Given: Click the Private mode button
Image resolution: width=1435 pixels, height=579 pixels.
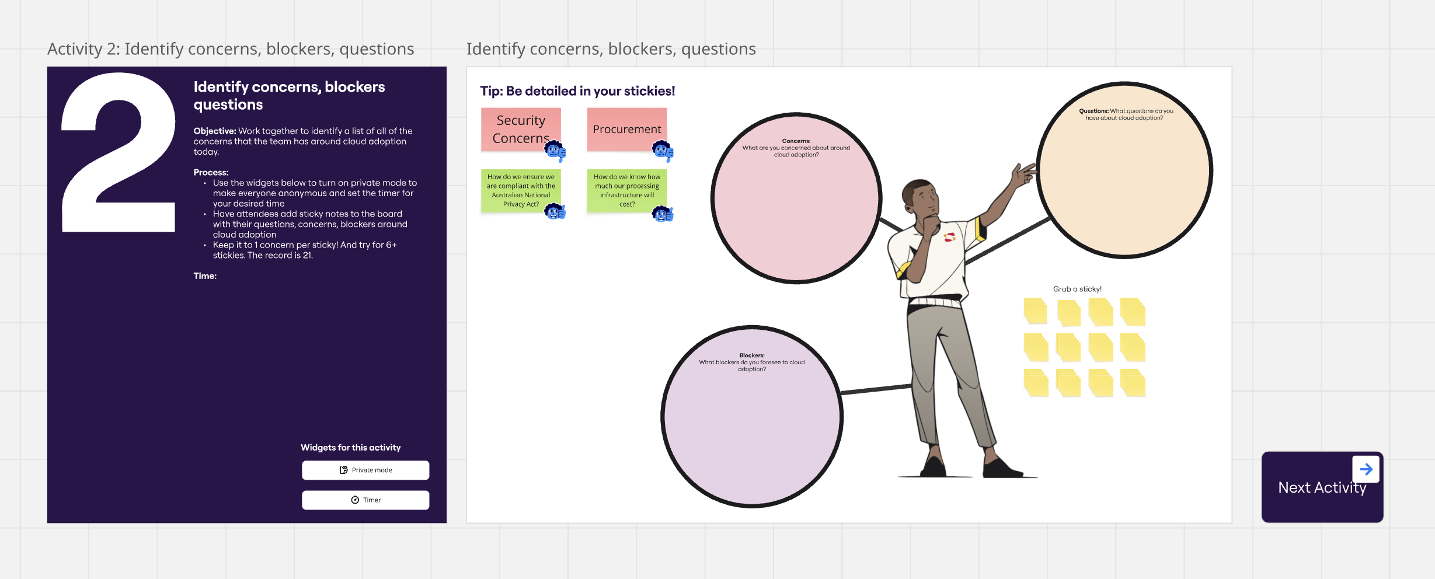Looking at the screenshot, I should (365, 470).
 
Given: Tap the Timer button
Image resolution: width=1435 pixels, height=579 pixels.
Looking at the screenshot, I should (365, 500).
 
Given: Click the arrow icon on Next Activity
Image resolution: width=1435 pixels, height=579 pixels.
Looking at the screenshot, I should (1366, 469).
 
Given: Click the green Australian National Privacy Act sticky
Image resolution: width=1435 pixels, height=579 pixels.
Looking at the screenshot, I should (520, 190).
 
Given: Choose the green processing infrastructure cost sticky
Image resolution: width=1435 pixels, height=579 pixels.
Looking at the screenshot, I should (626, 190).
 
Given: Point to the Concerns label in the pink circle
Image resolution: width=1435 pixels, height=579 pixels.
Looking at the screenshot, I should (796, 141).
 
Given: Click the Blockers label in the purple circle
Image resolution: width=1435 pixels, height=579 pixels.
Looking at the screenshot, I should (752, 355).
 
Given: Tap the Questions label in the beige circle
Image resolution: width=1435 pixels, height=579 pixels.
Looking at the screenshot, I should (1093, 111).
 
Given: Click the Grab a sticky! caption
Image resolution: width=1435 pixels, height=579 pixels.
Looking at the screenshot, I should (1077, 289).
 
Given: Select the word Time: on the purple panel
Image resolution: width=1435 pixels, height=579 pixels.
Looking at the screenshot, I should (205, 276).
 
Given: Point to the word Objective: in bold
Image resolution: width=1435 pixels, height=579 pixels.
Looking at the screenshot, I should (215, 131).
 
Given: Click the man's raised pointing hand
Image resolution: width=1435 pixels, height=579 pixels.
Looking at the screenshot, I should (1023, 174).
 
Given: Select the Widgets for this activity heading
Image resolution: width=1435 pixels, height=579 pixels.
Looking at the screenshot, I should (350, 448).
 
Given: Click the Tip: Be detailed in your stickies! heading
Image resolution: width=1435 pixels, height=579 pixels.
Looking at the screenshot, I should (577, 91).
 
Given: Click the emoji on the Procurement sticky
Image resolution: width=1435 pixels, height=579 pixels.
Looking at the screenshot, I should (663, 151).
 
